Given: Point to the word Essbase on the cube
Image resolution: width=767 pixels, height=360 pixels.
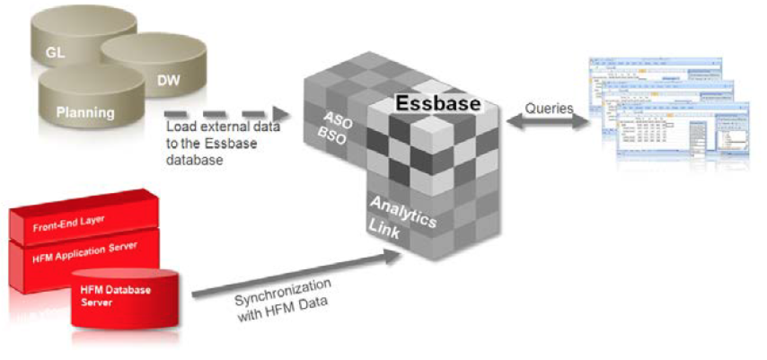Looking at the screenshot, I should click(x=438, y=104).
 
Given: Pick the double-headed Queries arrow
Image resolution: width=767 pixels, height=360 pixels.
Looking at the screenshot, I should click(x=548, y=122).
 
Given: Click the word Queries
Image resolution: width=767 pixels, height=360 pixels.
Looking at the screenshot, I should click(x=549, y=108).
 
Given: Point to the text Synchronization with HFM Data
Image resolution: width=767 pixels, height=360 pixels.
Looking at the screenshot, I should click(x=283, y=301).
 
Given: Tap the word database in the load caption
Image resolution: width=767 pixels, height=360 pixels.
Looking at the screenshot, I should click(x=194, y=160).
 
